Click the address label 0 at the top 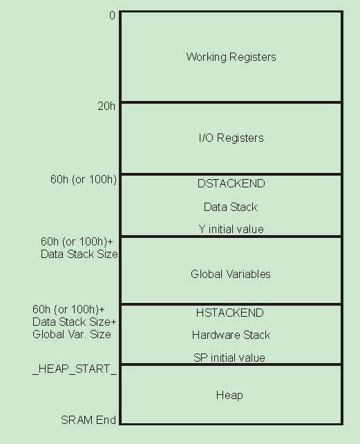pyautogui.click(x=112, y=16)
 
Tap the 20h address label pyautogui.click(x=106, y=107)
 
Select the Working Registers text pyautogui.click(x=231, y=57)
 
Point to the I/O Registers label pyautogui.click(x=231, y=138)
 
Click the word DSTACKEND pyautogui.click(x=231, y=183)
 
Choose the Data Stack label pyautogui.click(x=230, y=207)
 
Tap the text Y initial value pyautogui.click(x=231, y=229)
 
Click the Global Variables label pyautogui.click(x=230, y=274)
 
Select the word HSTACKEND pyautogui.click(x=230, y=313)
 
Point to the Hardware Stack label pyautogui.click(x=231, y=335)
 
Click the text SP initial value pyautogui.click(x=229, y=358)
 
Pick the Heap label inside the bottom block pyautogui.click(x=229, y=395)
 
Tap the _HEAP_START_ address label pyautogui.click(x=75, y=369)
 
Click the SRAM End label pyautogui.click(x=88, y=420)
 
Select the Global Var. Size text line pyautogui.click(x=72, y=335)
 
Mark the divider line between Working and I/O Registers pyautogui.click(x=231, y=102)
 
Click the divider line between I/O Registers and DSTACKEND pyautogui.click(x=231, y=174)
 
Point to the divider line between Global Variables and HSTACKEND pyautogui.click(x=231, y=304)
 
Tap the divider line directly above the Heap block pyautogui.click(x=231, y=364)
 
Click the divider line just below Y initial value pyautogui.click(x=231, y=236)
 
